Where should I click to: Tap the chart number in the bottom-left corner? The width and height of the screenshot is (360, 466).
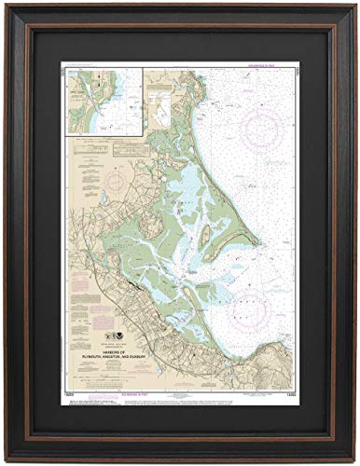click(69, 397)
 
